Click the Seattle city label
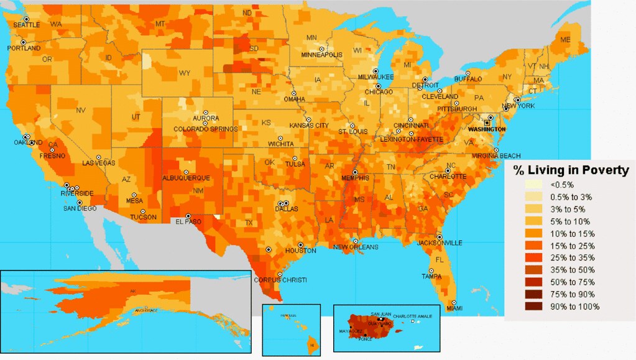coord(27,25)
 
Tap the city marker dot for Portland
coord(24,42)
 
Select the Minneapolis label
coord(321,55)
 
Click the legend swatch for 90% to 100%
coord(533,307)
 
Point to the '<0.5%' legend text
coord(562,185)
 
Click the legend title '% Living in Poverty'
coord(571,170)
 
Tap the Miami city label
coord(454,308)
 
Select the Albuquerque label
coord(185,178)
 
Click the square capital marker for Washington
coord(487,123)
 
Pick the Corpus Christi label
coord(280,280)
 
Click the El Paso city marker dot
coord(188,216)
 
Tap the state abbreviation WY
coord(185,73)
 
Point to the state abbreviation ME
coord(565,40)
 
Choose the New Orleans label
coord(356,247)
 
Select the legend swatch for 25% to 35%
coord(533,257)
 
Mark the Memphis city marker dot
coord(355,172)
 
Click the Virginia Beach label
coord(496,155)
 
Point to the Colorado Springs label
coord(206,129)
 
